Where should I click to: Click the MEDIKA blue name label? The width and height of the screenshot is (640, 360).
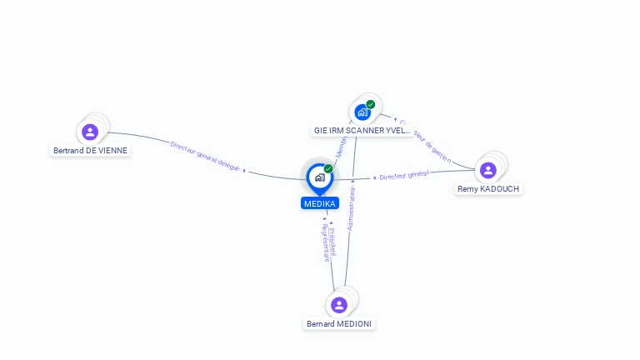click(x=320, y=203)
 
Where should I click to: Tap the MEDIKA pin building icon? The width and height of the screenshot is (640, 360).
click(x=319, y=177)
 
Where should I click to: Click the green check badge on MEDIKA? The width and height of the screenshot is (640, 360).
click(x=328, y=169)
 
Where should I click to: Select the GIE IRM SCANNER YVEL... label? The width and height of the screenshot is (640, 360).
click(x=362, y=130)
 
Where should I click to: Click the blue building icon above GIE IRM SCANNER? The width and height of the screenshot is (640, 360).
click(x=362, y=112)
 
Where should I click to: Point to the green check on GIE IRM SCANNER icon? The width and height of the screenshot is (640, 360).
click(x=370, y=105)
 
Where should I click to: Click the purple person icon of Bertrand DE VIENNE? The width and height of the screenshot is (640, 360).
click(x=90, y=132)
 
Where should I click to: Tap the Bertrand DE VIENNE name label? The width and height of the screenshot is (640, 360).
click(x=91, y=151)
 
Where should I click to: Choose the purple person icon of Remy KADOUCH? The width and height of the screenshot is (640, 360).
click(x=488, y=170)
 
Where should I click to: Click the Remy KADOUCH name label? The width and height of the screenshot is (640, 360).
click(x=488, y=189)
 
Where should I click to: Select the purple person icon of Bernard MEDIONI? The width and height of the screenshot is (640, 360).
click(x=338, y=305)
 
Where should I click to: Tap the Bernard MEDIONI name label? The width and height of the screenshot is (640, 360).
click(x=339, y=324)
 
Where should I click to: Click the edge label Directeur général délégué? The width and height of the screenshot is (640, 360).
click(x=205, y=156)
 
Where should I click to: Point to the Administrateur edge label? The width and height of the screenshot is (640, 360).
click(x=351, y=208)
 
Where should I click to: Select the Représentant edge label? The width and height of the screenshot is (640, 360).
click(x=325, y=244)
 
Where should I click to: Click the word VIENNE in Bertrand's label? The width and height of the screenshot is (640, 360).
click(x=113, y=151)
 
